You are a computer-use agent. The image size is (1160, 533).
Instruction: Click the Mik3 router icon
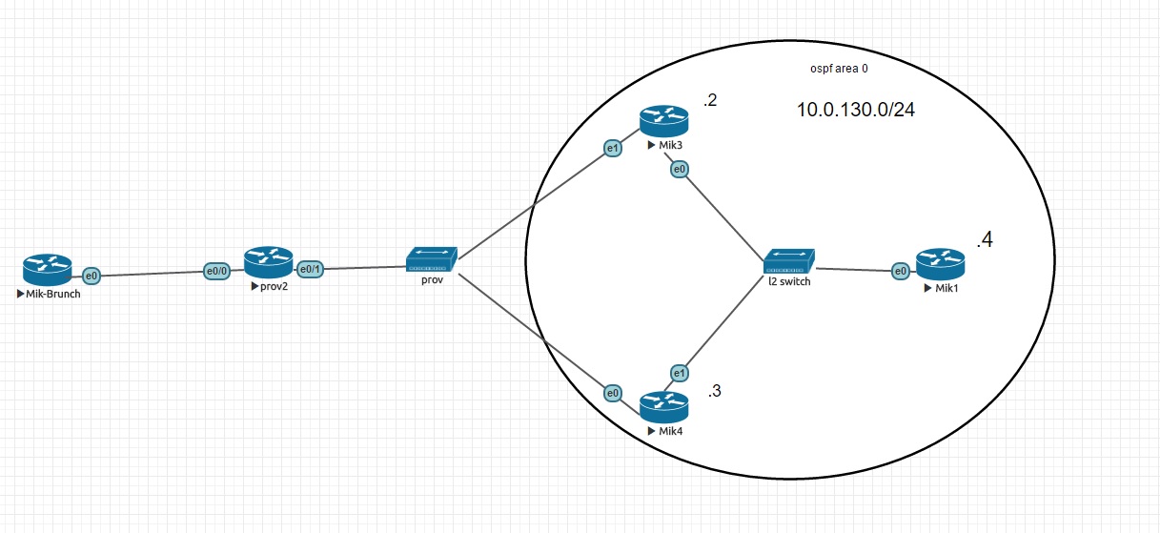click(x=663, y=121)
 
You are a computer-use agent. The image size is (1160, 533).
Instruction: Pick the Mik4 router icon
click(x=663, y=407)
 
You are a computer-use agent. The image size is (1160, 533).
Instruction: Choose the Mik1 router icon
click(x=940, y=264)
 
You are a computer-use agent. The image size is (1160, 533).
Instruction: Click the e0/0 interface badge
click(x=217, y=271)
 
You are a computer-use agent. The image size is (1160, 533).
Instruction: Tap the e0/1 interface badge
click(x=311, y=269)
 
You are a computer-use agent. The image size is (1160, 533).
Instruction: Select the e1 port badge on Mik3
click(x=612, y=148)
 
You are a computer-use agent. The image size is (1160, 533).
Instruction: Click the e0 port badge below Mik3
click(x=680, y=170)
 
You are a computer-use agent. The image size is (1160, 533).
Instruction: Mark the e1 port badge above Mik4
click(x=679, y=372)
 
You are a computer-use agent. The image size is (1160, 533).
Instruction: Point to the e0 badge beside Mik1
click(x=900, y=272)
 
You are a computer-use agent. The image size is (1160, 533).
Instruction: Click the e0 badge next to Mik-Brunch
click(x=92, y=276)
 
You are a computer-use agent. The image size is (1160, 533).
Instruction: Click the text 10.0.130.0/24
click(x=857, y=111)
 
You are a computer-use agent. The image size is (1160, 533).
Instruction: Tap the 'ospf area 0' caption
click(x=836, y=69)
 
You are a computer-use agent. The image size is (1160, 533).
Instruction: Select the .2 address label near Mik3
click(x=709, y=99)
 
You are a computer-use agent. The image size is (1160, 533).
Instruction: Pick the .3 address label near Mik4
click(x=716, y=391)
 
